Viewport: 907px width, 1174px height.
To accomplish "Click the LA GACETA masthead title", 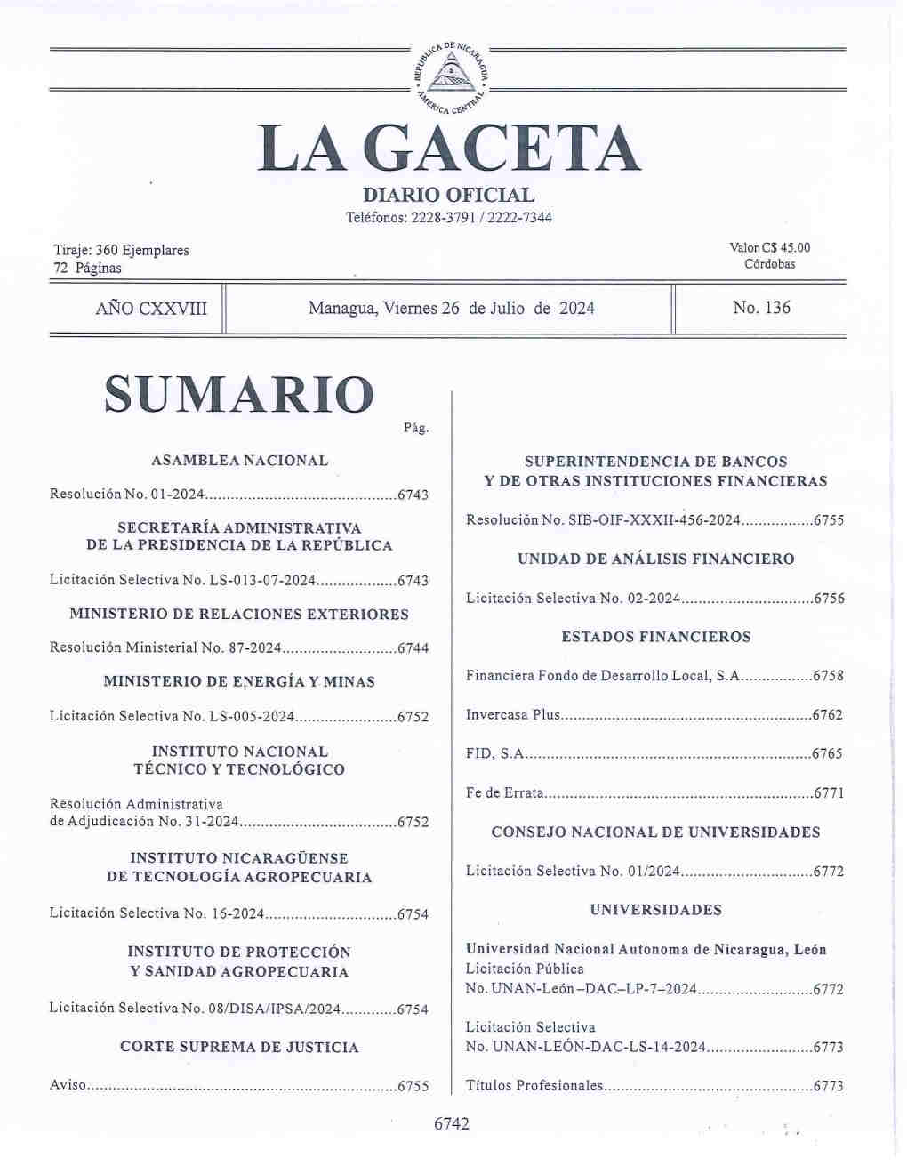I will (449, 149).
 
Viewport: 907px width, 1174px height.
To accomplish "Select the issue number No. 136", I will (761, 308).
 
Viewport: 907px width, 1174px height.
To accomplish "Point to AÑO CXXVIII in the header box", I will (151, 309).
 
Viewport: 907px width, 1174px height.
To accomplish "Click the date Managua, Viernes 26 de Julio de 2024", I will (451, 309).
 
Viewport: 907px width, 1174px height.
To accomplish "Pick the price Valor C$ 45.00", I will (769, 248).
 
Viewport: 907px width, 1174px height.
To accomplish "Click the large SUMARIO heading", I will (239, 395).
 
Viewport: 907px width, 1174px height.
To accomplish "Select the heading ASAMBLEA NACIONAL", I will (239, 461).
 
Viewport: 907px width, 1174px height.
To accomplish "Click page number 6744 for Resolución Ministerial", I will (413, 648).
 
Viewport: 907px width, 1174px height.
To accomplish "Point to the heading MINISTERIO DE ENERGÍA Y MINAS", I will (239, 682).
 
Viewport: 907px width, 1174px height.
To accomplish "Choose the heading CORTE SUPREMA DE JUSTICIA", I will (239, 1048).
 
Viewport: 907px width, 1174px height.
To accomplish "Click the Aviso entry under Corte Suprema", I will (68, 1086).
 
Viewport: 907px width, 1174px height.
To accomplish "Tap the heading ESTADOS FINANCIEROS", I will (655, 637).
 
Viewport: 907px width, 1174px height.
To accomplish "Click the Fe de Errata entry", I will (504, 792).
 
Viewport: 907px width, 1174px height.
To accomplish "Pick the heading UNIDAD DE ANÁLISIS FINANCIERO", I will (655, 559).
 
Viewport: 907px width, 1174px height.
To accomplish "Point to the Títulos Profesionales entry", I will (534, 1086).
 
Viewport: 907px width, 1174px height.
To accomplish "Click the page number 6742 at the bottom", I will (451, 1124).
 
